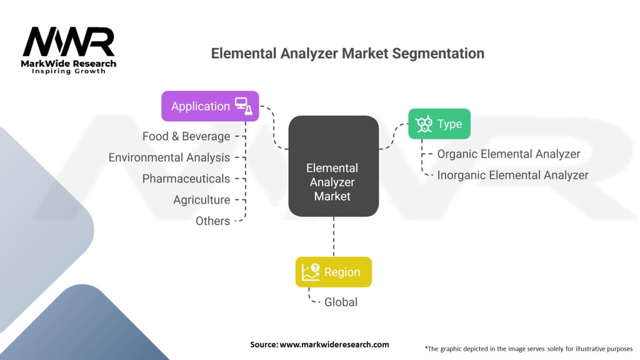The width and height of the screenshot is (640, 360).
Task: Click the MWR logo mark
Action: tap(69, 42)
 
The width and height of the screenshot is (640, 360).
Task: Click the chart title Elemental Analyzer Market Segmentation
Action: tap(347, 53)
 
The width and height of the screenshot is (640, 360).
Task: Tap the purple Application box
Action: tap(200, 106)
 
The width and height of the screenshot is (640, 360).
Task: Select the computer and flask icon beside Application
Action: tap(242, 106)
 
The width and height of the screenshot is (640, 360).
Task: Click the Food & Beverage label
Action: tap(186, 136)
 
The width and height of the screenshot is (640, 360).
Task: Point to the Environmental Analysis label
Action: tap(169, 157)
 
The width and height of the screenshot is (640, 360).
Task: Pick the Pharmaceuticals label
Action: tap(186, 179)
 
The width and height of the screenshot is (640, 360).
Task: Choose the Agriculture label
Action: tap(202, 200)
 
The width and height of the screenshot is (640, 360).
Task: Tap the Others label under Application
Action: tap(212, 221)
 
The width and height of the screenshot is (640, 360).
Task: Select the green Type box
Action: tap(439, 124)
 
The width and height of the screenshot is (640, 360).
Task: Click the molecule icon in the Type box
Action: tap(424, 124)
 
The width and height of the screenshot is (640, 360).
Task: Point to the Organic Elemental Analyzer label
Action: tap(509, 154)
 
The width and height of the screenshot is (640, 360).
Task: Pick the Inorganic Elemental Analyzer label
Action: tap(512, 175)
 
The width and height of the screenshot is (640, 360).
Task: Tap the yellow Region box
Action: tap(333, 272)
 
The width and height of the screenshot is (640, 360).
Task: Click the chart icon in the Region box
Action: tap(311, 272)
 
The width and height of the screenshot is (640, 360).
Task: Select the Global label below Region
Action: tap(341, 302)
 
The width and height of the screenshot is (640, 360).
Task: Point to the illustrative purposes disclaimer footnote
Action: tap(529, 348)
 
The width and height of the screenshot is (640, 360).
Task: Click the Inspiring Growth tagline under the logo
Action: tap(69, 71)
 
